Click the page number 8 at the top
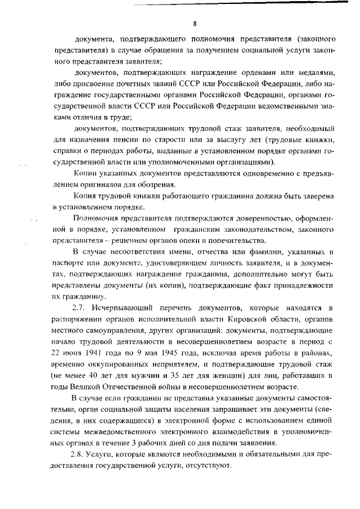194,24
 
